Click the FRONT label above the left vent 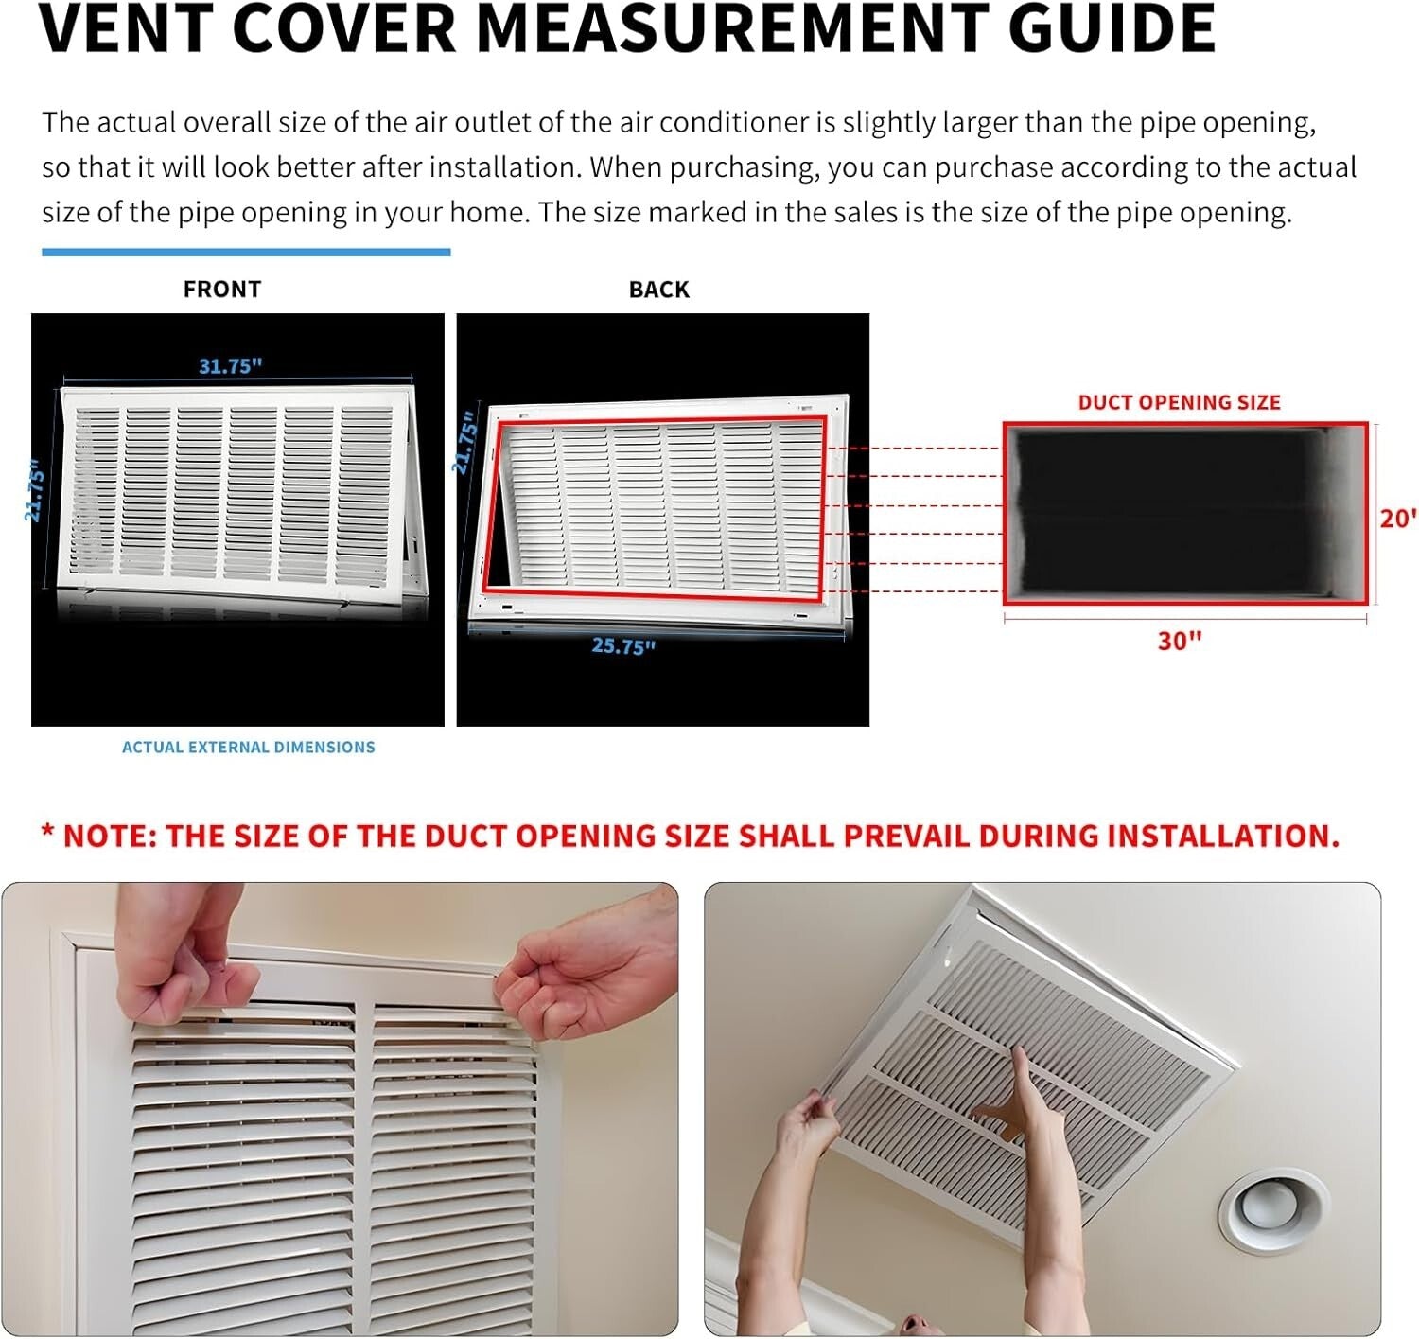222,290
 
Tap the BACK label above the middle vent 659,290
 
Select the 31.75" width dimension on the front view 230,366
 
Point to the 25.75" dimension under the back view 623,646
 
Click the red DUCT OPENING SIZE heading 1179,402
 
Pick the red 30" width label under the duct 1180,642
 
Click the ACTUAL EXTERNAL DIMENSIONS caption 248,748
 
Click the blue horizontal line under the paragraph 246,253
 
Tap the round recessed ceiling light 1267,1211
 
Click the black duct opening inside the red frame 1173,516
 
